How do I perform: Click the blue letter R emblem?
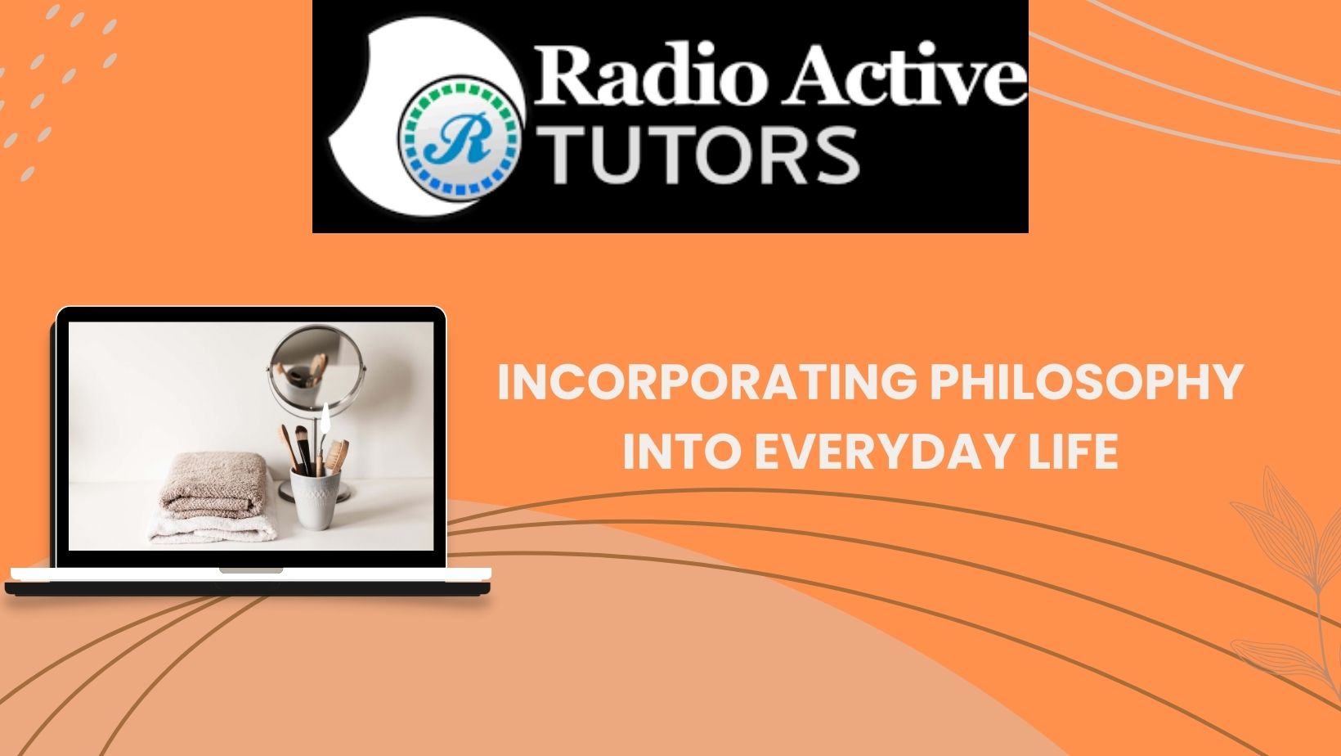pyautogui.click(x=460, y=137)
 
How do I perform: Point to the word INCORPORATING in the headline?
pyautogui.click(x=707, y=381)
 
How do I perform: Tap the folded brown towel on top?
pyautogui.click(x=213, y=484)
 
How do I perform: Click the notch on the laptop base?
pyautogui.click(x=251, y=570)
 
